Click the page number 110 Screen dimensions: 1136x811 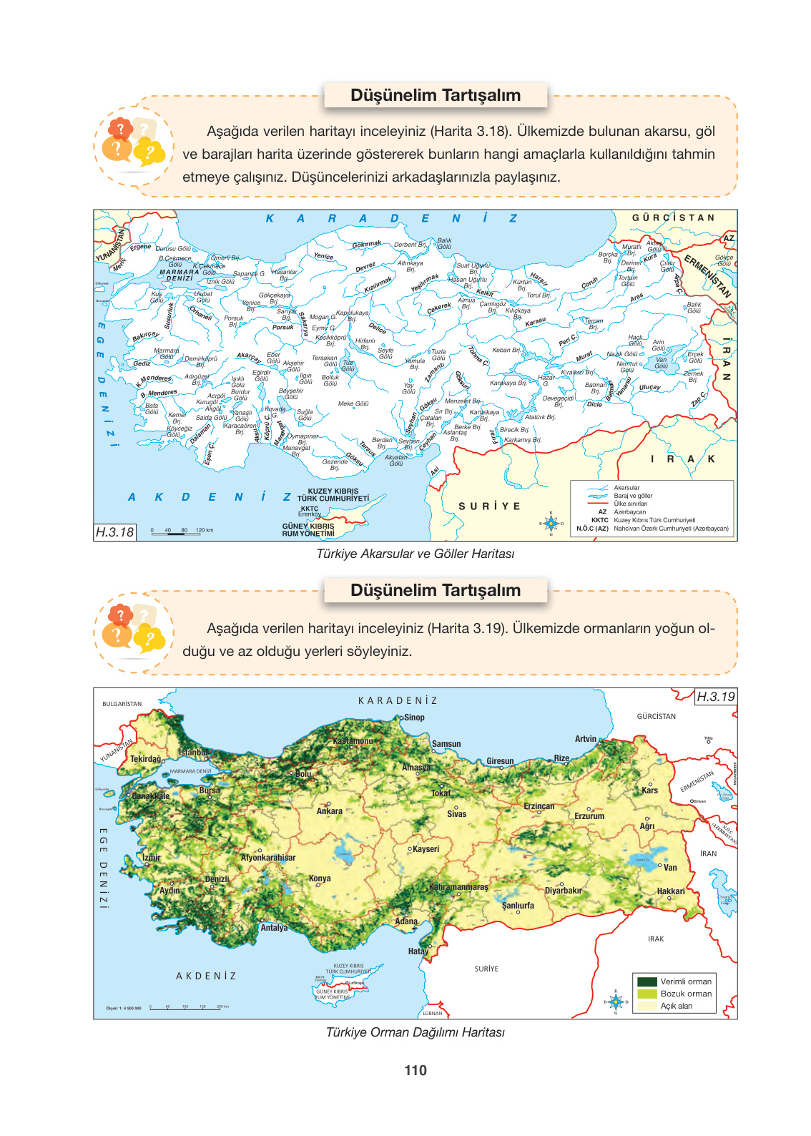pos(415,1070)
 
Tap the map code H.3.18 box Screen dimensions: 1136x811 pos(115,532)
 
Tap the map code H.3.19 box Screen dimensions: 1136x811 pos(715,697)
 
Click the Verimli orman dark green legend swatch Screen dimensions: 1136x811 pos(647,981)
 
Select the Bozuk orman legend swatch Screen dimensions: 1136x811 pos(647,994)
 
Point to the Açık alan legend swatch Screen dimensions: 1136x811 pos(647,1006)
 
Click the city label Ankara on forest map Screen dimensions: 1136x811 pos(329,811)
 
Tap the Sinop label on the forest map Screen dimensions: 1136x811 pos(413,718)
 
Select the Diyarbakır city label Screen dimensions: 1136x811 pos(563,891)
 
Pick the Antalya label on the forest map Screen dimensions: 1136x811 pos(274,928)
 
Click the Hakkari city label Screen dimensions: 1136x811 pos(670,891)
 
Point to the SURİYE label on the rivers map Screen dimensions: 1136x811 pos(489,506)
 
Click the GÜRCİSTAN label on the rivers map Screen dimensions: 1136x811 pos(672,217)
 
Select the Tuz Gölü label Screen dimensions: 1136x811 pos(348,366)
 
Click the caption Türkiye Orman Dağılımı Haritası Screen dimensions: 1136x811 pos(415,1032)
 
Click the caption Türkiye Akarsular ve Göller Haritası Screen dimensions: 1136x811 pos(415,554)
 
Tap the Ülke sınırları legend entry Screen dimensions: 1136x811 pos(630,504)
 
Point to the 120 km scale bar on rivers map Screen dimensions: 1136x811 pos(182,533)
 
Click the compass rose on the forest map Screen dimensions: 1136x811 pos(615,1002)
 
